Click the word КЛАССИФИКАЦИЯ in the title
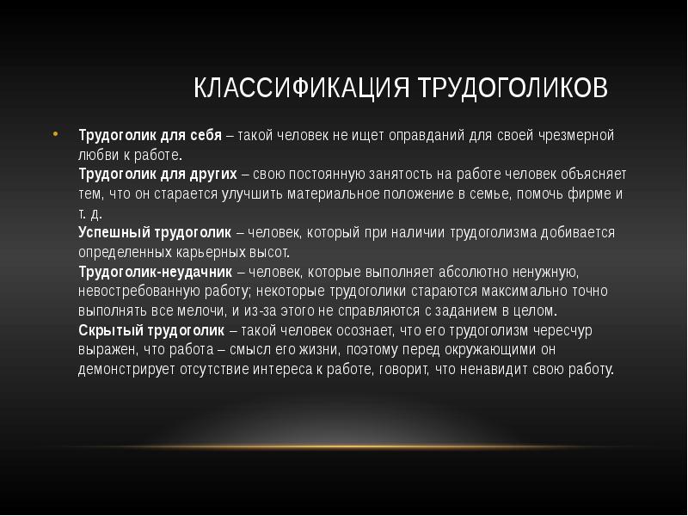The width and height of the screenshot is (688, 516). (x=302, y=89)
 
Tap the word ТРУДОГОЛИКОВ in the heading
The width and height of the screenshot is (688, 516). (x=513, y=89)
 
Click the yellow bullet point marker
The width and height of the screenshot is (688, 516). (x=55, y=135)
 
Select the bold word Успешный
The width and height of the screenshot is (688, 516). (x=113, y=233)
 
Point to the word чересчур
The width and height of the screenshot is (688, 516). (x=562, y=330)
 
